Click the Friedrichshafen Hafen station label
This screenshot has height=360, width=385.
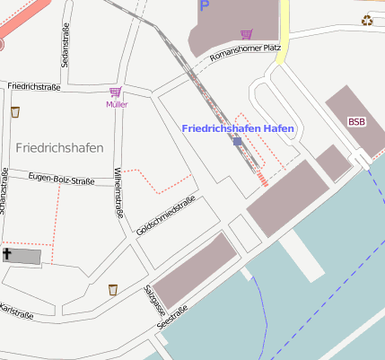coord(238,128)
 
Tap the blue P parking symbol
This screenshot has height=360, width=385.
coord(205,6)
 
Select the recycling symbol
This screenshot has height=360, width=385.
coord(366,21)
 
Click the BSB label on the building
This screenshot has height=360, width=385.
coord(356,121)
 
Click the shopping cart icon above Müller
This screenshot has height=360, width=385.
coord(115,92)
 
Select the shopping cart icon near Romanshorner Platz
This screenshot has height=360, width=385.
coord(246,34)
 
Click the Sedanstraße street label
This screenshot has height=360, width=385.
coord(66,46)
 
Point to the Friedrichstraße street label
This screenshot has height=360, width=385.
coord(33,86)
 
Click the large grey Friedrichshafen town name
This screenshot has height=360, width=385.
coord(59,146)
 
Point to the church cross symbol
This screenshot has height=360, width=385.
coord(8,255)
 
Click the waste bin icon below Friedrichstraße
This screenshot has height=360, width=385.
coord(15,112)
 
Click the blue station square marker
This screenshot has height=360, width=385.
coord(237,142)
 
